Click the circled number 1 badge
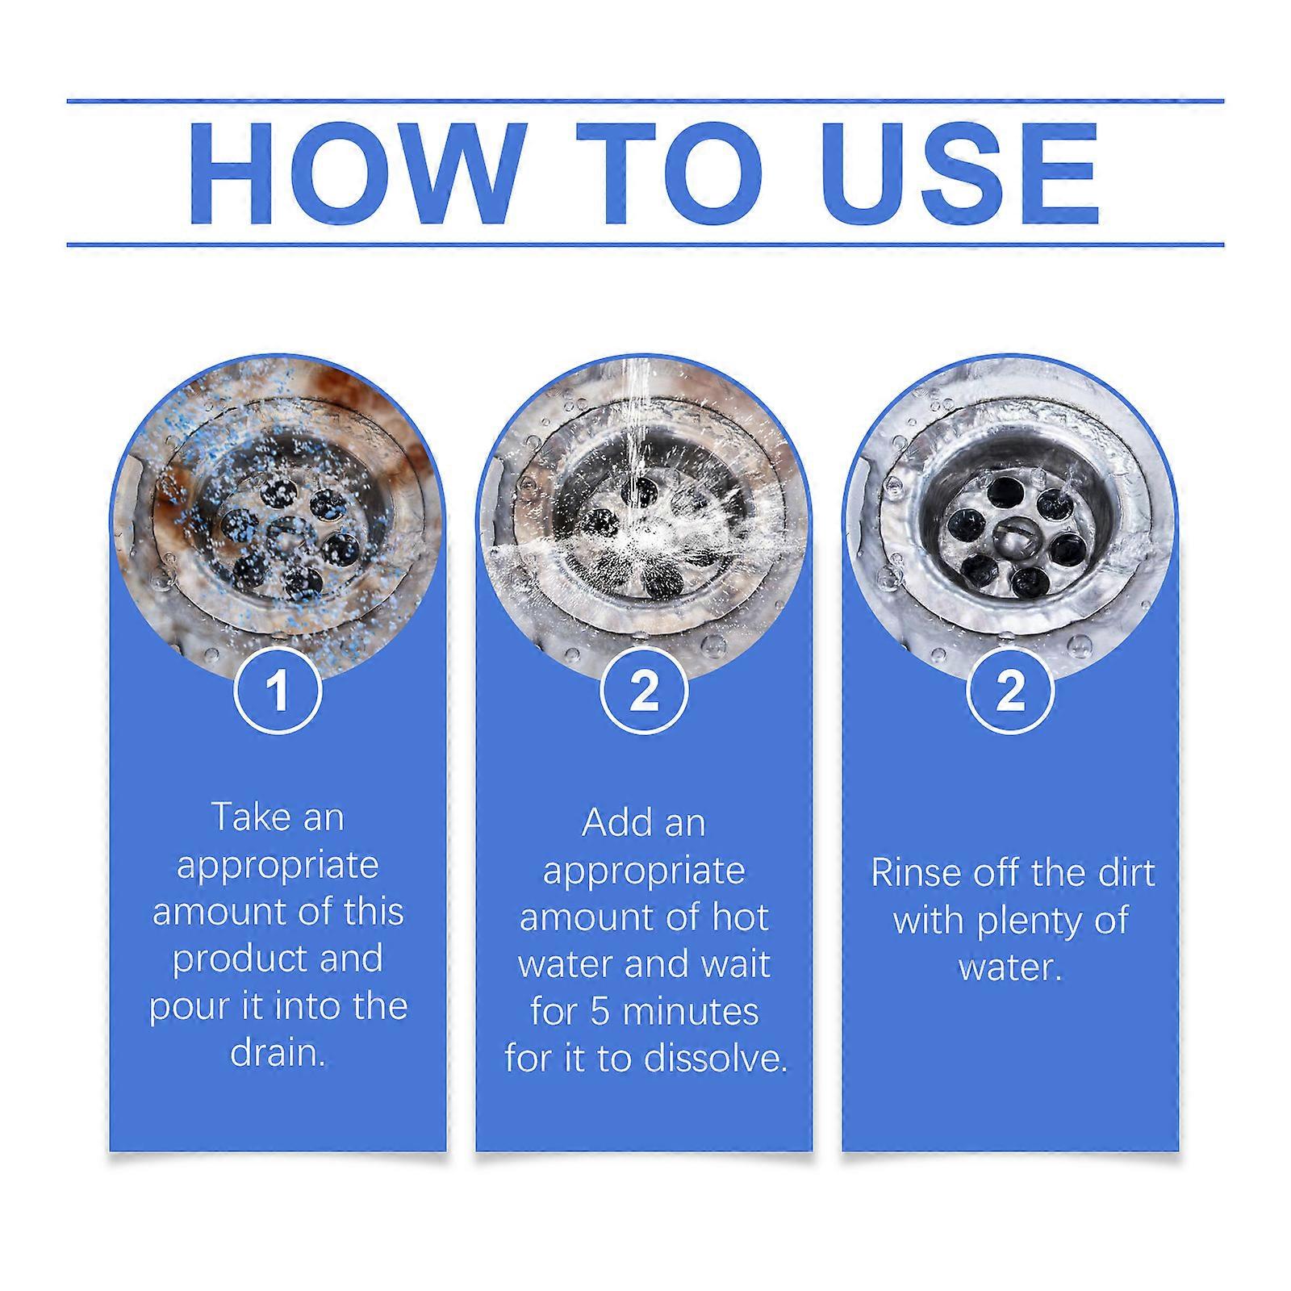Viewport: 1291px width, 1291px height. [278, 691]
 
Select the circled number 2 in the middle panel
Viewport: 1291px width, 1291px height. [644, 691]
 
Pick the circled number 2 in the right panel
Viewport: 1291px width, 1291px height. [1010, 691]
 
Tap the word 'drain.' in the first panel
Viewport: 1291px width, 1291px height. [278, 1052]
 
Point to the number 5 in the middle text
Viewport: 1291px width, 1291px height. [599, 1012]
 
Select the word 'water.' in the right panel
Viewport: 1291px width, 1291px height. [1010, 967]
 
